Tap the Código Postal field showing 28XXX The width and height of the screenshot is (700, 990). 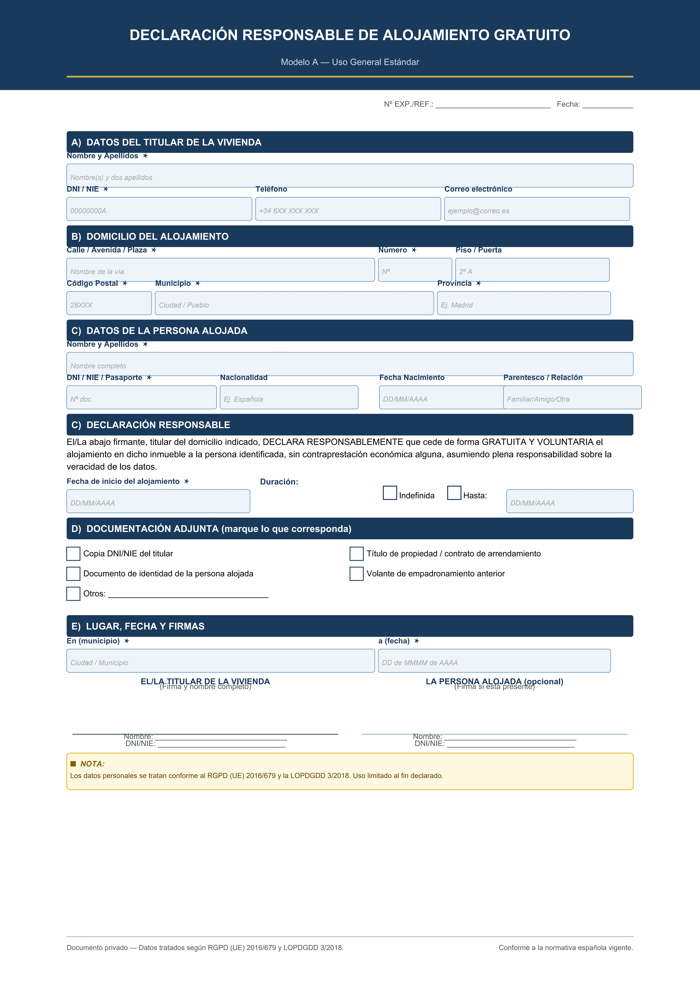click(x=109, y=303)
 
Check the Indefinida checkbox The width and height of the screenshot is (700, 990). click(x=390, y=493)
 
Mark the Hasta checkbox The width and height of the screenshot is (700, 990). click(x=454, y=493)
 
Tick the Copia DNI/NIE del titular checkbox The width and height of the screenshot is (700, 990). click(x=73, y=554)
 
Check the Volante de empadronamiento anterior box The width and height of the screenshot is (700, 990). click(x=356, y=574)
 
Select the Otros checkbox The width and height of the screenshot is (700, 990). click(x=73, y=594)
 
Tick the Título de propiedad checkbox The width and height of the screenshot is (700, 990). click(x=356, y=554)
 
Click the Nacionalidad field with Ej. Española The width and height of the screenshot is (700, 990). click(x=289, y=397)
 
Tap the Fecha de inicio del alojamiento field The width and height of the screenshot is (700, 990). click(x=158, y=501)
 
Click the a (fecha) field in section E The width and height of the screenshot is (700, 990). click(x=494, y=661)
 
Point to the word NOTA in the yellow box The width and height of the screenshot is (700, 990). click(x=92, y=764)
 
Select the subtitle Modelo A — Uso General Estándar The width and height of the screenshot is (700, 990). click(x=350, y=62)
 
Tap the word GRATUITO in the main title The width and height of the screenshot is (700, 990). click(x=532, y=35)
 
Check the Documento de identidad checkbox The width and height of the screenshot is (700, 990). click(x=73, y=574)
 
